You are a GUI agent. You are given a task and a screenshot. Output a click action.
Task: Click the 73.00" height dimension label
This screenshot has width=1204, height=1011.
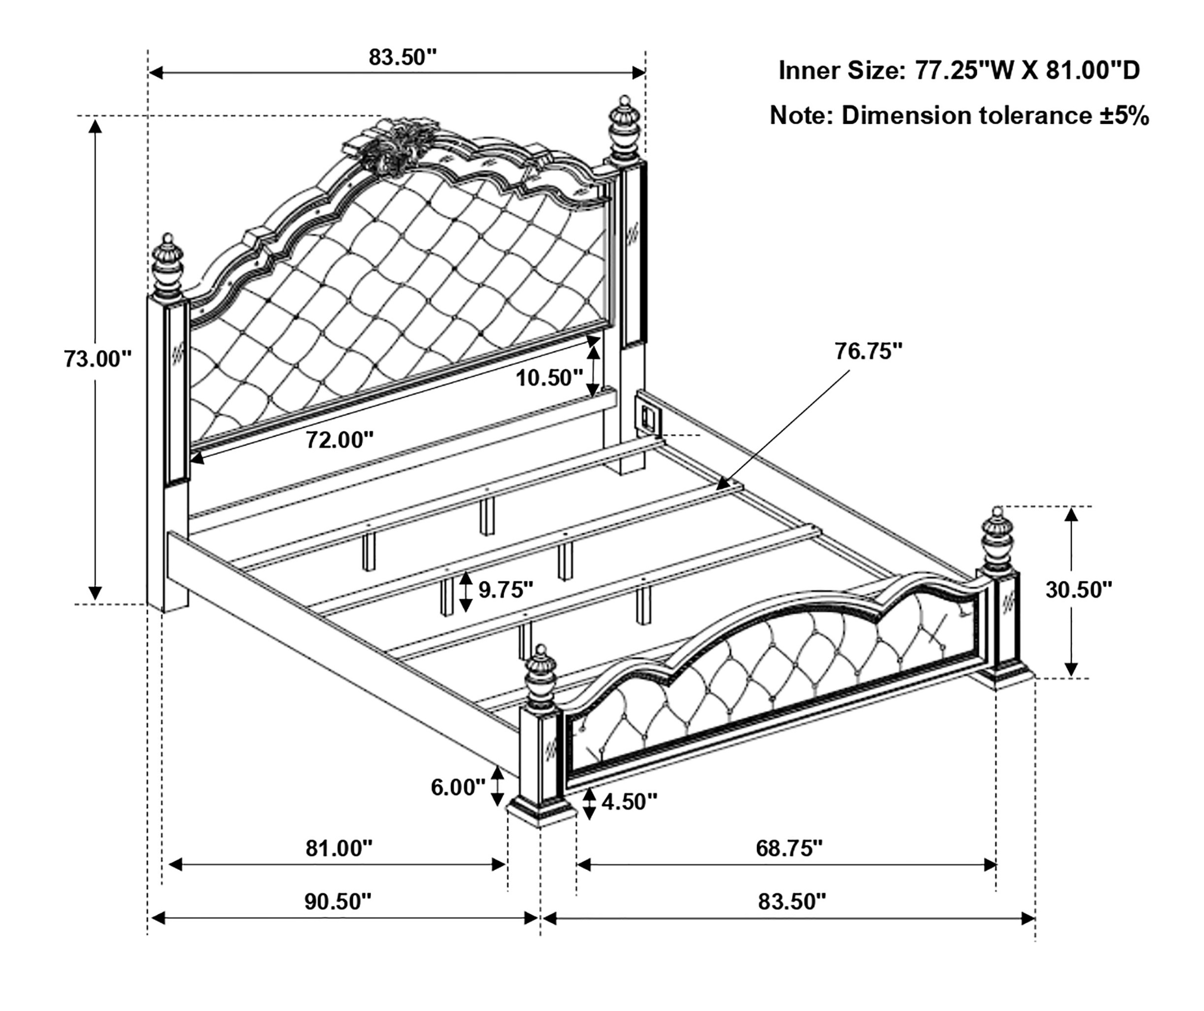[x=98, y=359]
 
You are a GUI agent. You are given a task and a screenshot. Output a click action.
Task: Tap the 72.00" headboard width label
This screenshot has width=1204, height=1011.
[x=340, y=440]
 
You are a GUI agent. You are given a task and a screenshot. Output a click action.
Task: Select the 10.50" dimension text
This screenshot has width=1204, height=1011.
[x=549, y=378]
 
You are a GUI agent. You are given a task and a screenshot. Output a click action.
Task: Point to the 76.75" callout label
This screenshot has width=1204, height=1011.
[x=868, y=351]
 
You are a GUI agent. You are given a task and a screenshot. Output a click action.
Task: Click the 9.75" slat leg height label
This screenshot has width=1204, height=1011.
[x=506, y=590]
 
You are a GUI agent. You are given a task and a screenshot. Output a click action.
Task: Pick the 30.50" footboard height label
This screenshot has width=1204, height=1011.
[x=1078, y=590]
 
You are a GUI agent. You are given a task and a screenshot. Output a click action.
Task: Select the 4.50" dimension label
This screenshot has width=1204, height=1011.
[x=629, y=802]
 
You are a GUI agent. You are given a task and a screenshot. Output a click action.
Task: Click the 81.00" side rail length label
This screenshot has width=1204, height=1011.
[x=339, y=848]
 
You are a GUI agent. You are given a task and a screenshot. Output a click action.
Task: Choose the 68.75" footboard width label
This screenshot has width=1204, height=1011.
[x=789, y=848]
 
